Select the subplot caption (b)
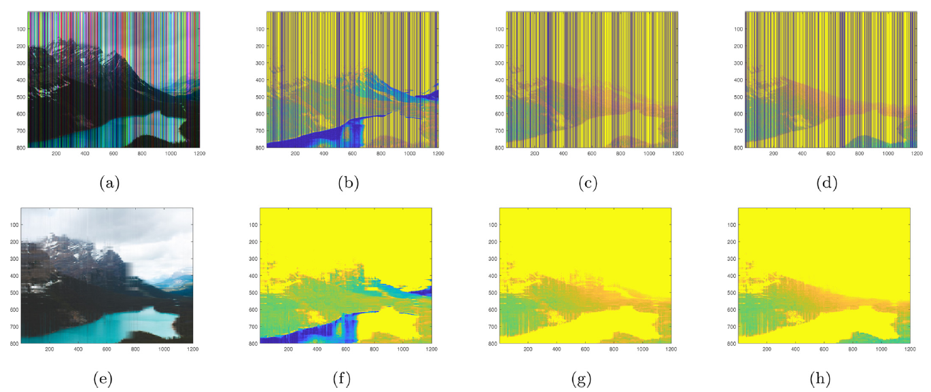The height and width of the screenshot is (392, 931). coord(347,183)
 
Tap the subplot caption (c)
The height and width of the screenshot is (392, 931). coord(586,183)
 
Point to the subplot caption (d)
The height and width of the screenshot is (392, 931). coord(825,183)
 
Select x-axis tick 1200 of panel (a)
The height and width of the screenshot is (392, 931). coord(198,154)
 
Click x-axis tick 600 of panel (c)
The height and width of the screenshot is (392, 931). coord(592,154)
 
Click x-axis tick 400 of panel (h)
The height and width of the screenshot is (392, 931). coord(795,349)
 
